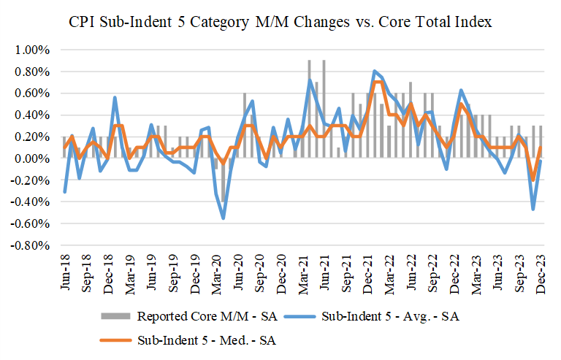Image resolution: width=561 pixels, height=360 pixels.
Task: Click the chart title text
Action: (x=280, y=23)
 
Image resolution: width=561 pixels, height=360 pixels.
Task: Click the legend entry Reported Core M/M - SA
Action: (x=200, y=316)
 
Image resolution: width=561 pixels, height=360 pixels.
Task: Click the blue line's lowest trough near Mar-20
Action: (x=224, y=218)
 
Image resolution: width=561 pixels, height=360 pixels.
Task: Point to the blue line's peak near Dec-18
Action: (x=115, y=97)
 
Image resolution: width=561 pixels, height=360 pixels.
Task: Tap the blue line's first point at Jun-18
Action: (x=64, y=192)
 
